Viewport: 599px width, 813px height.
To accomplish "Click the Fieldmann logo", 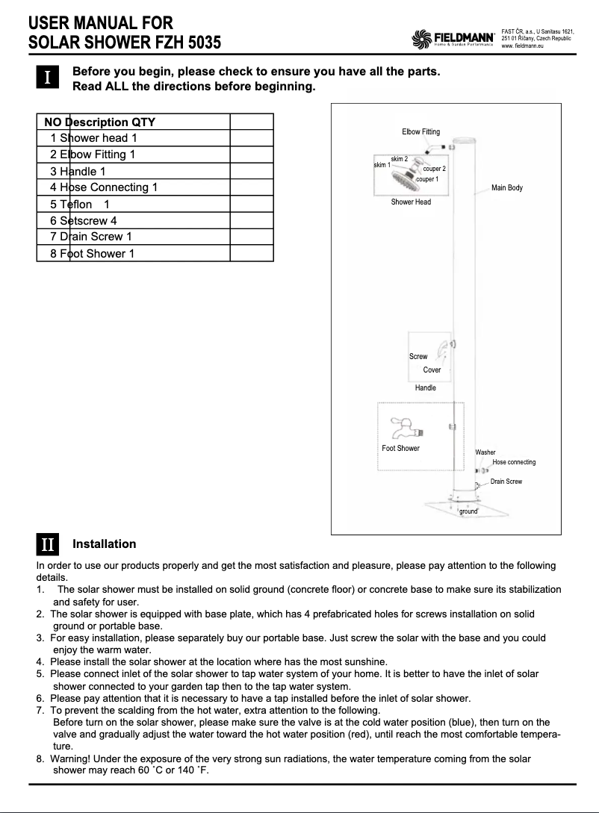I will [x=454, y=38].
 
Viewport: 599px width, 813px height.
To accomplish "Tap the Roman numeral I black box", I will [x=47, y=78].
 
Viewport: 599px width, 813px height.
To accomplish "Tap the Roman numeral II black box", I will [x=47, y=544].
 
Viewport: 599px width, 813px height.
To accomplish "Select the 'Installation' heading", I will [x=104, y=544].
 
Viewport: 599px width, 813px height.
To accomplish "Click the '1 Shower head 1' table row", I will [x=94, y=138].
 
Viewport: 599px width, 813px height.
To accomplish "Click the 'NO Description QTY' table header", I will [x=99, y=122].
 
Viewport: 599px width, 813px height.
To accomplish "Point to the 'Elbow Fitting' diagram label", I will [x=420, y=132].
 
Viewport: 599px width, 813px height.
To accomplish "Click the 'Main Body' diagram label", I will [x=506, y=187].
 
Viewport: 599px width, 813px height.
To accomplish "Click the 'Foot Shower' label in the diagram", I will [x=400, y=449].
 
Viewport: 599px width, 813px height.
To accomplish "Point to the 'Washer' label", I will [x=485, y=452].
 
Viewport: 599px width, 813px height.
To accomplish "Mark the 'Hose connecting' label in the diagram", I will [x=514, y=462].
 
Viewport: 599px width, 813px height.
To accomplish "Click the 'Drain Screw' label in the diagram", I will [x=506, y=482].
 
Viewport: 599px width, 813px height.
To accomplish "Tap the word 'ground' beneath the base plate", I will [x=468, y=511].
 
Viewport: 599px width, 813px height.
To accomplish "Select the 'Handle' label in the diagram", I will [x=425, y=387].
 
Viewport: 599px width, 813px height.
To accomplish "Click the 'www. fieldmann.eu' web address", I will [x=521, y=46].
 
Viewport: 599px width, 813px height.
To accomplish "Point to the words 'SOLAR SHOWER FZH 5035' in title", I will [x=124, y=43].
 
